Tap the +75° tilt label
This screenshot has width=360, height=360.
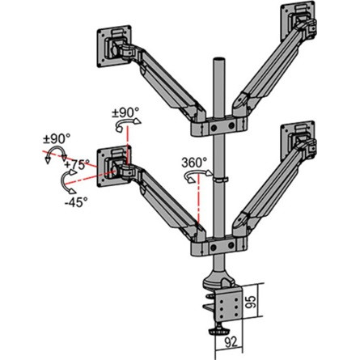click(x=78, y=164)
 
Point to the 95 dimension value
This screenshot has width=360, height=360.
click(x=276, y=305)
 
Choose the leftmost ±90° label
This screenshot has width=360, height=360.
click(x=56, y=138)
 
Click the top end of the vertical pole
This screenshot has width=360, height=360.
click(x=216, y=61)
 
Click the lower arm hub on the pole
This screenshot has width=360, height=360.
click(x=217, y=244)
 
